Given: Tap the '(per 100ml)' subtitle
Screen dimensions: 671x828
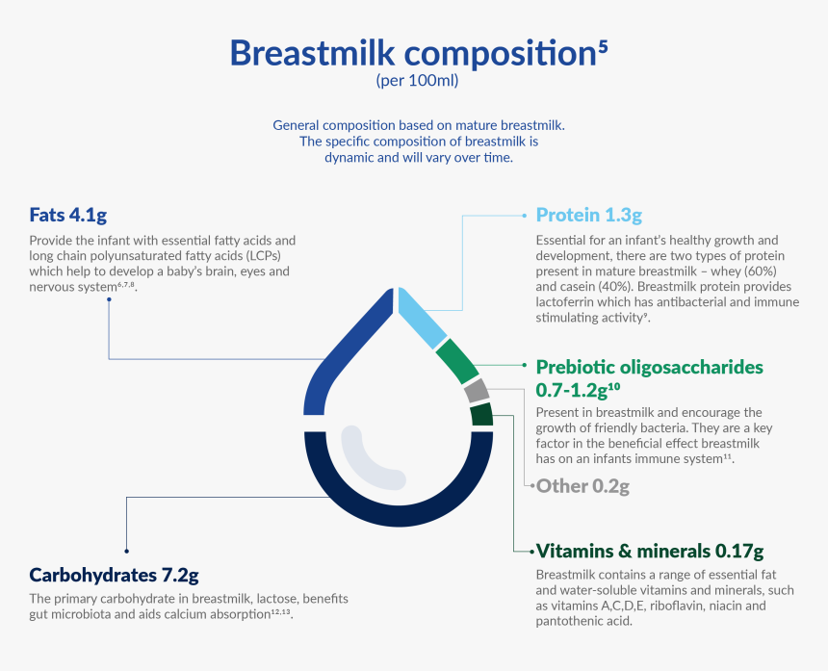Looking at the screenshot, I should click(x=417, y=81).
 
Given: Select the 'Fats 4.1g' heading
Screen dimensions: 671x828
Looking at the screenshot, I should click(x=74, y=214).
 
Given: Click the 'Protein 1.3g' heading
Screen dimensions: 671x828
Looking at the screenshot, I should click(x=588, y=214).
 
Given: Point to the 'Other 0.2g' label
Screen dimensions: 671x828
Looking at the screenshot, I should click(x=582, y=486).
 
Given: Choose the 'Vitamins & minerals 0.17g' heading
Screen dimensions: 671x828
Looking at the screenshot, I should click(x=649, y=552).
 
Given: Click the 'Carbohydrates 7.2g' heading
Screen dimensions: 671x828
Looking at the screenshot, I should click(x=114, y=576).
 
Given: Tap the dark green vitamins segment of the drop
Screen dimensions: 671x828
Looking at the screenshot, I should click(x=481, y=415).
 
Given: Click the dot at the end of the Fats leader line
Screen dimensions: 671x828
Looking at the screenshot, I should click(x=109, y=299).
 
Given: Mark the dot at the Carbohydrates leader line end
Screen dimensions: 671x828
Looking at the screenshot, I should click(x=126, y=551).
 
